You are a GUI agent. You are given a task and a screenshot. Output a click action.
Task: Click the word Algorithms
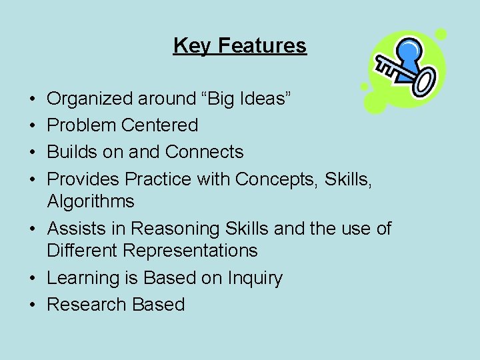tap(91, 201)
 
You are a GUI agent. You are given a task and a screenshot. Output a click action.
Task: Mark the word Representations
tap(190, 251)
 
